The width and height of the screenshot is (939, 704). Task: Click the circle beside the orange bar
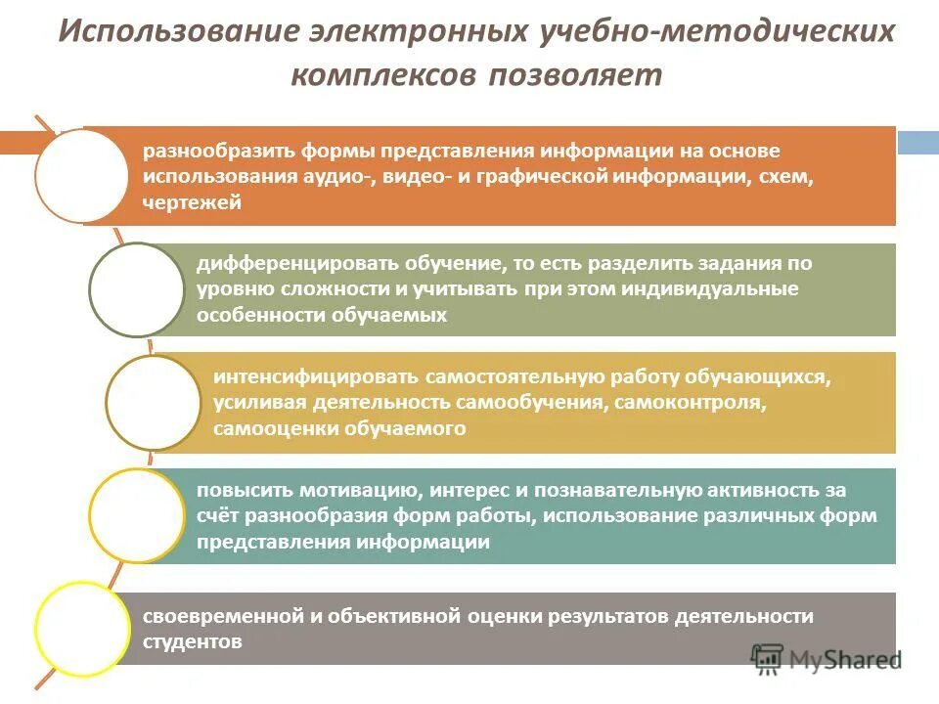tap(81, 177)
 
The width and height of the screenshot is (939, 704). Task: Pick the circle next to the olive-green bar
tap(136, 289)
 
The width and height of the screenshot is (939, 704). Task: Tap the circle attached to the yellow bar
tap(153, 403)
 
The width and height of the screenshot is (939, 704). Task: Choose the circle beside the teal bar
tap(136, 515)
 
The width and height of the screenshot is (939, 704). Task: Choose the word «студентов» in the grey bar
tap(192, 642)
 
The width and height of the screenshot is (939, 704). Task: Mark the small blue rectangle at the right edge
tap(917, 143)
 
